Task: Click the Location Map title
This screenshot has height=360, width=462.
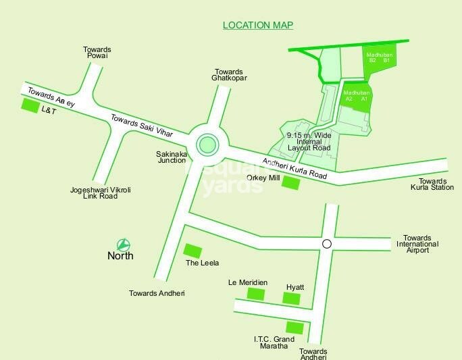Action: click(x=258, y=26)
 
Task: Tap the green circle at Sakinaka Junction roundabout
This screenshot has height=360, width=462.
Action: click(x=207, y=143)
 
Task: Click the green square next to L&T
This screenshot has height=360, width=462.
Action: click(x=30, y=105)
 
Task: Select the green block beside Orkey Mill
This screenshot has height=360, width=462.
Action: click(x=291, y=182)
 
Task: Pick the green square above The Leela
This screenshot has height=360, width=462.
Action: click(x=193, y=251)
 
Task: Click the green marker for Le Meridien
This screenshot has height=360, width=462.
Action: click(x=255, y=293)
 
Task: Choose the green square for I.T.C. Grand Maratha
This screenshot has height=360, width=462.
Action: click(x=294, y=327)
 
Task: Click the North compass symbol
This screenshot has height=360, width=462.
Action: click(x=123, y=245)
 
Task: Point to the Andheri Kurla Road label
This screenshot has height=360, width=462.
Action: click(x=294, y=169)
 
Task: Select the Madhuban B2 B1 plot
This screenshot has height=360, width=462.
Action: click(x=378, y=57)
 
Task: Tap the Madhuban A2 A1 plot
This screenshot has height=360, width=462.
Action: click(x=356, y=96)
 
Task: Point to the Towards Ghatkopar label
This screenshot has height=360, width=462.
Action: click(x=230, y=75)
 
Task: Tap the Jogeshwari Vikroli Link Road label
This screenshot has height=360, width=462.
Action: click(x=101, y=194)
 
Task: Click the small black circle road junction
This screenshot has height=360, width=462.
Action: click(x=327, y=245)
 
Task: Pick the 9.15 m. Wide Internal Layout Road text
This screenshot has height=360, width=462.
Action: click(x=308, y=141)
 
